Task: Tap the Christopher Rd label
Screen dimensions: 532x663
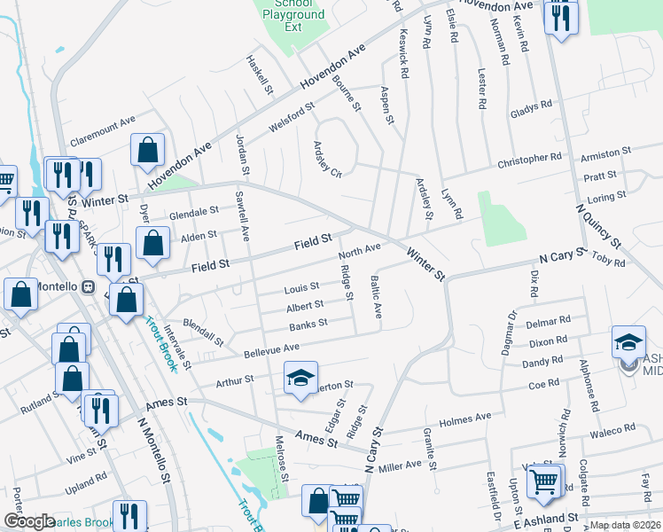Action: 529,160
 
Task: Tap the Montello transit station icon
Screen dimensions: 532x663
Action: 89,286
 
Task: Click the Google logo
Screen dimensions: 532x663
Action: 28,521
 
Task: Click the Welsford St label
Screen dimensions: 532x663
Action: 292,120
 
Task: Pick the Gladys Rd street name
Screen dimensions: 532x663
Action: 531,110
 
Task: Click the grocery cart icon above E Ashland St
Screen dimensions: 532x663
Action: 544,481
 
